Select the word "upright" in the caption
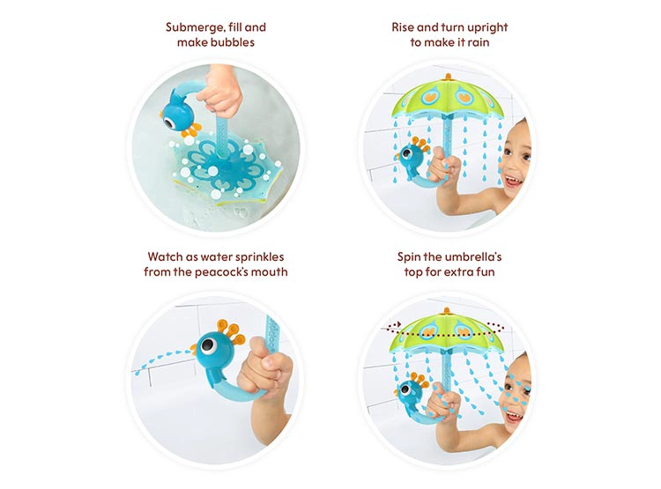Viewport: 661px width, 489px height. tap(485, 28)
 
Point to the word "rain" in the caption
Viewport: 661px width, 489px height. tap(479, 42)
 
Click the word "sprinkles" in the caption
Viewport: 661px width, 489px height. tap(260, 257)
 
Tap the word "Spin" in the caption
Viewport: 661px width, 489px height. tap(409, 257)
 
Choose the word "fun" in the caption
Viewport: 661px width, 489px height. tap(485, 272)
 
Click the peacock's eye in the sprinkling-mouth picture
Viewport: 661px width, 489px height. tap(207, 346)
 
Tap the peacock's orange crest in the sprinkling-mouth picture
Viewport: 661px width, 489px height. tap(231, 331)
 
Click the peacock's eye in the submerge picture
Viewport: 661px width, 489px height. tap(168, 122)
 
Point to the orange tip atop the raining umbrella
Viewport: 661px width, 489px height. tap(448, 77)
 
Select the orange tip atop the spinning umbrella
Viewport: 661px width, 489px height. tap(447, 311)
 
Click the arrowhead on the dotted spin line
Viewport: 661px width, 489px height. tap(397, 325)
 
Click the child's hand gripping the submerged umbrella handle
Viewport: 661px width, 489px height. tap(220, 92)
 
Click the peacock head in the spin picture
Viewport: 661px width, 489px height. tap(408, 391)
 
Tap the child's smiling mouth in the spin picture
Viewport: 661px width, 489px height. tap(514, 417)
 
